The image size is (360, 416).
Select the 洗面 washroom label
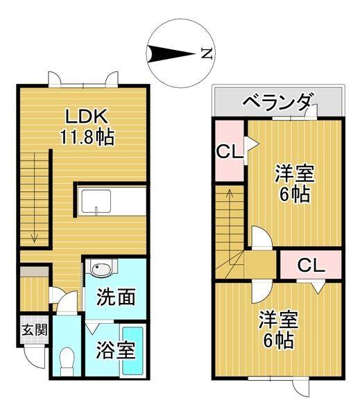coord(115,297)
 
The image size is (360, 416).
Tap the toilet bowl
coord(67,359)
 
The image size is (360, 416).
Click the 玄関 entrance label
coord(33,329)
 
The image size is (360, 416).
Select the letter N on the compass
coord(206,53)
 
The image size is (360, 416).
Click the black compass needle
coord(170,53)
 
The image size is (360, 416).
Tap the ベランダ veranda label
coord(277,103)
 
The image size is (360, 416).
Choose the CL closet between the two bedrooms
coord(311,264)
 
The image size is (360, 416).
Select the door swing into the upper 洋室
coord(261,238)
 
